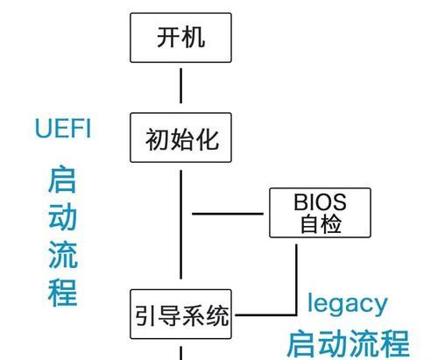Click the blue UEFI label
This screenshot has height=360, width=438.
63,129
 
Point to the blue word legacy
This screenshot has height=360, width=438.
348,304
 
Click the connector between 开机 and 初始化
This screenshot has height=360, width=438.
180,86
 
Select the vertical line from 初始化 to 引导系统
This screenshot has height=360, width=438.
180,224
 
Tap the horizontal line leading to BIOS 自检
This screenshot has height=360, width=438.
228,214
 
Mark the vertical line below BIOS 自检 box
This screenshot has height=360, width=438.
296,279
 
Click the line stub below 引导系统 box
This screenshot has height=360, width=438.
180,353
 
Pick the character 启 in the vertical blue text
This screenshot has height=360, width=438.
62,179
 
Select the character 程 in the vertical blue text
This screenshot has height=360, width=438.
62,293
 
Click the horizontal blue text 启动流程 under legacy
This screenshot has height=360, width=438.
349,343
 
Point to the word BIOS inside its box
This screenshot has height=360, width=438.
320,201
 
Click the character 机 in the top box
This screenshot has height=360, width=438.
194,37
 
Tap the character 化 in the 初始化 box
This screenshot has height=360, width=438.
208,139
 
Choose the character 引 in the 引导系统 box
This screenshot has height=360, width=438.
145,315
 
